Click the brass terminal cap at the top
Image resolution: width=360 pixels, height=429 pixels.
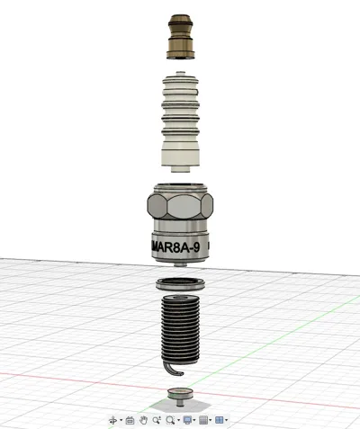coord(181,37)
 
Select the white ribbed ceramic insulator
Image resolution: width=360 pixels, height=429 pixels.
coord(181,121)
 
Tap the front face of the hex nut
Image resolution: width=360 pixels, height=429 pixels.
coord(184,206)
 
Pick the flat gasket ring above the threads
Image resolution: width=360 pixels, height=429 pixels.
coord(180,284)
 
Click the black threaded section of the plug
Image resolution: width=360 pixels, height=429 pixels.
coord(181,327)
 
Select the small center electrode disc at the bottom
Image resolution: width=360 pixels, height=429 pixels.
coord(180,393)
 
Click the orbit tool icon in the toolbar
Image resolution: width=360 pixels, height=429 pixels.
coord(113,420)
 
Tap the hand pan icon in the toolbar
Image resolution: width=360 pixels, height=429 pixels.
coord(144,420)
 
